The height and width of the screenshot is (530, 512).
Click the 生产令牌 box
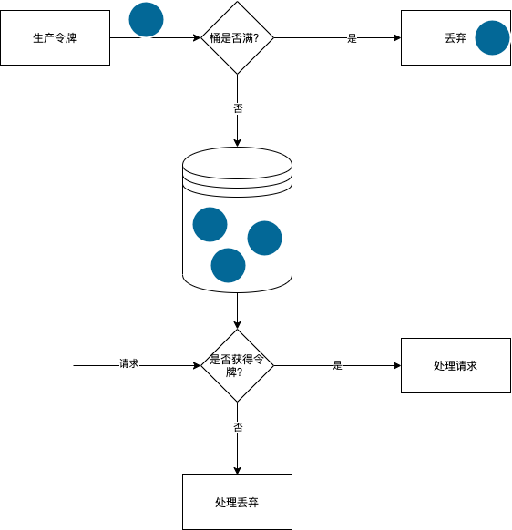click(x=55, y=38)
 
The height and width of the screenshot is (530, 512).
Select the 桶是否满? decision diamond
click(x=237, y=38)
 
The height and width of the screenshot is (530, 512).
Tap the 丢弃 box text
click(x=455, y=38)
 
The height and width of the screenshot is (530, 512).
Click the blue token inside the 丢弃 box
click(x=492, y=37)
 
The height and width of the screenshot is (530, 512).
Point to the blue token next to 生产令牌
click(x=146, y=19)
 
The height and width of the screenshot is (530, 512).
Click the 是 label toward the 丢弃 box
click(x=352, y=38)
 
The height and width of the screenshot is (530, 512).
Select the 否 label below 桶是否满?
click(x=238, y=107)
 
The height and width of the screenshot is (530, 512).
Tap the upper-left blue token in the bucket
click(x=210, y=225)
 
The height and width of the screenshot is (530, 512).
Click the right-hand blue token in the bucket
click(x=264, y=238)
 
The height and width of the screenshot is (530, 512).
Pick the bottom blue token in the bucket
click(x=228, y=265)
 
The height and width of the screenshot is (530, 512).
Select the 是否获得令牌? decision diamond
click(x=237, y=365)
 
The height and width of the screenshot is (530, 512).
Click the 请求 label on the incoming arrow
click(x=128, y=363)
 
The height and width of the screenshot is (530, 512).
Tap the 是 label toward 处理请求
click(x=337, y=365)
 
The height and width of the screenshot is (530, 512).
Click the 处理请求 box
click(x=456, y=365)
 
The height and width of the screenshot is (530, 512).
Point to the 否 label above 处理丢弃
click(x=238, y=426)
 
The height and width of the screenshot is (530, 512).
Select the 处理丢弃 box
click(x=237, y=502)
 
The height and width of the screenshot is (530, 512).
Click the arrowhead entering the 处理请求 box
click(x=396, y=365)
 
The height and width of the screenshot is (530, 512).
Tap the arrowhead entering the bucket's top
click(x=237, y=142)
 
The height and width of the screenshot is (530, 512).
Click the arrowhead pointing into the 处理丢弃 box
click(x=237, y=470)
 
